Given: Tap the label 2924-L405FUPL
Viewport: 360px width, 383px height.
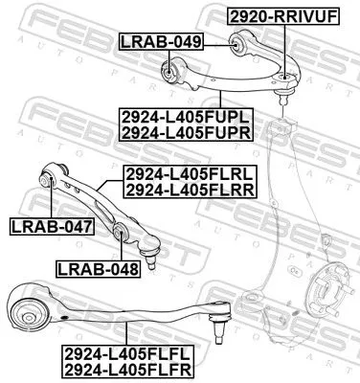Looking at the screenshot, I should point(186,117).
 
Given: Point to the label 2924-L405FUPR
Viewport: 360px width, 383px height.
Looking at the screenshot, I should point(186,133).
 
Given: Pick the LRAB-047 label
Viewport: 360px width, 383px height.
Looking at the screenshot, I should point(51,227).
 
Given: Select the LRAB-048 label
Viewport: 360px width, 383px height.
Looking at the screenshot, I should point(98,268).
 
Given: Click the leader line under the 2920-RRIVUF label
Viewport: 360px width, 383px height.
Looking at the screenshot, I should point(283,48).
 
